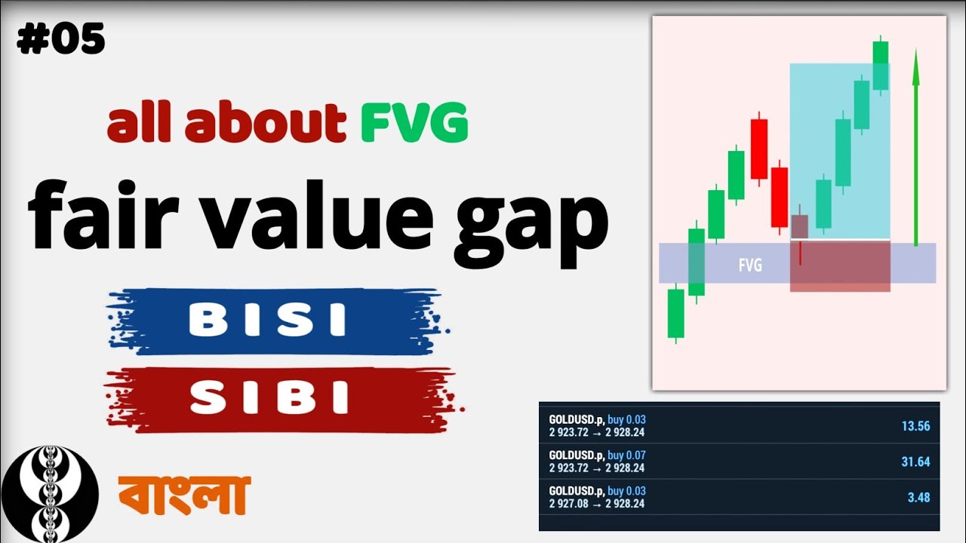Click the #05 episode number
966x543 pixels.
60,39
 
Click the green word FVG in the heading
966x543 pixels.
414,124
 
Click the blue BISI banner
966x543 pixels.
268,321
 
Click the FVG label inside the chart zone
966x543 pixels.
749,265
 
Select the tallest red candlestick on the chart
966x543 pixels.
759,148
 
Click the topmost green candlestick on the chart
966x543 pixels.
880,65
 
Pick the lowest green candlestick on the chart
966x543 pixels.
675,313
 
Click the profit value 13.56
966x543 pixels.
915,426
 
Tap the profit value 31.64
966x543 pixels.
915,462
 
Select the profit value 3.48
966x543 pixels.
918,498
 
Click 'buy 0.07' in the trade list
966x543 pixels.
626,456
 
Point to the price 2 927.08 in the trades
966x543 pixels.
568,503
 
